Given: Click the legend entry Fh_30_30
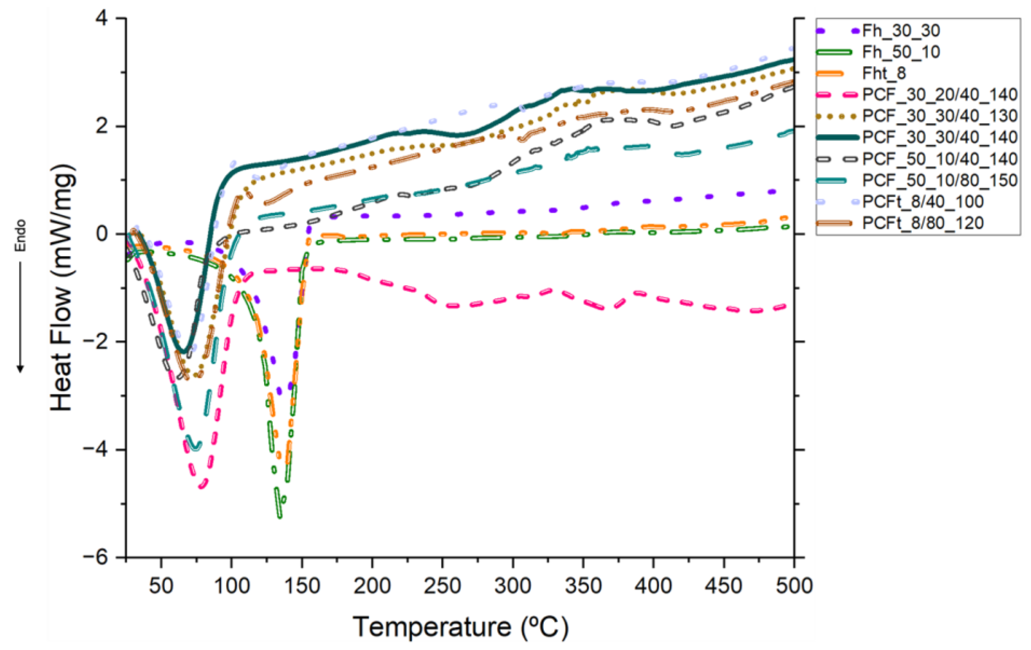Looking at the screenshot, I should tap(901, 31).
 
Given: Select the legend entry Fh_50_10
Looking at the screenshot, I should tap(901, 52).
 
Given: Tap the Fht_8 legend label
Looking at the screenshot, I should tap(884, 73).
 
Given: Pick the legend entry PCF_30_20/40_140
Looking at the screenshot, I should tap(940, 94).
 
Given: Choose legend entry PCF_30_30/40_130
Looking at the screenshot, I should tap(940, 116).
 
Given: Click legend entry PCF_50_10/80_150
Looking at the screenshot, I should tap(940, 180).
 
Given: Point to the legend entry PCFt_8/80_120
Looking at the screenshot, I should tap(923, 223).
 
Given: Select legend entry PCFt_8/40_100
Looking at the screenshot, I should tap(923, 202).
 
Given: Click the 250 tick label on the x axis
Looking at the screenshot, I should tap(442, 586).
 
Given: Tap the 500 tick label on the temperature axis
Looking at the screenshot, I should tap(794, 586).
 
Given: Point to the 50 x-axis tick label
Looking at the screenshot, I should tap(161, 586).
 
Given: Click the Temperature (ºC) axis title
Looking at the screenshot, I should tap(460, 627).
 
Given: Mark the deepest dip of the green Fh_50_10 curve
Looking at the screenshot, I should tap(280, 516).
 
